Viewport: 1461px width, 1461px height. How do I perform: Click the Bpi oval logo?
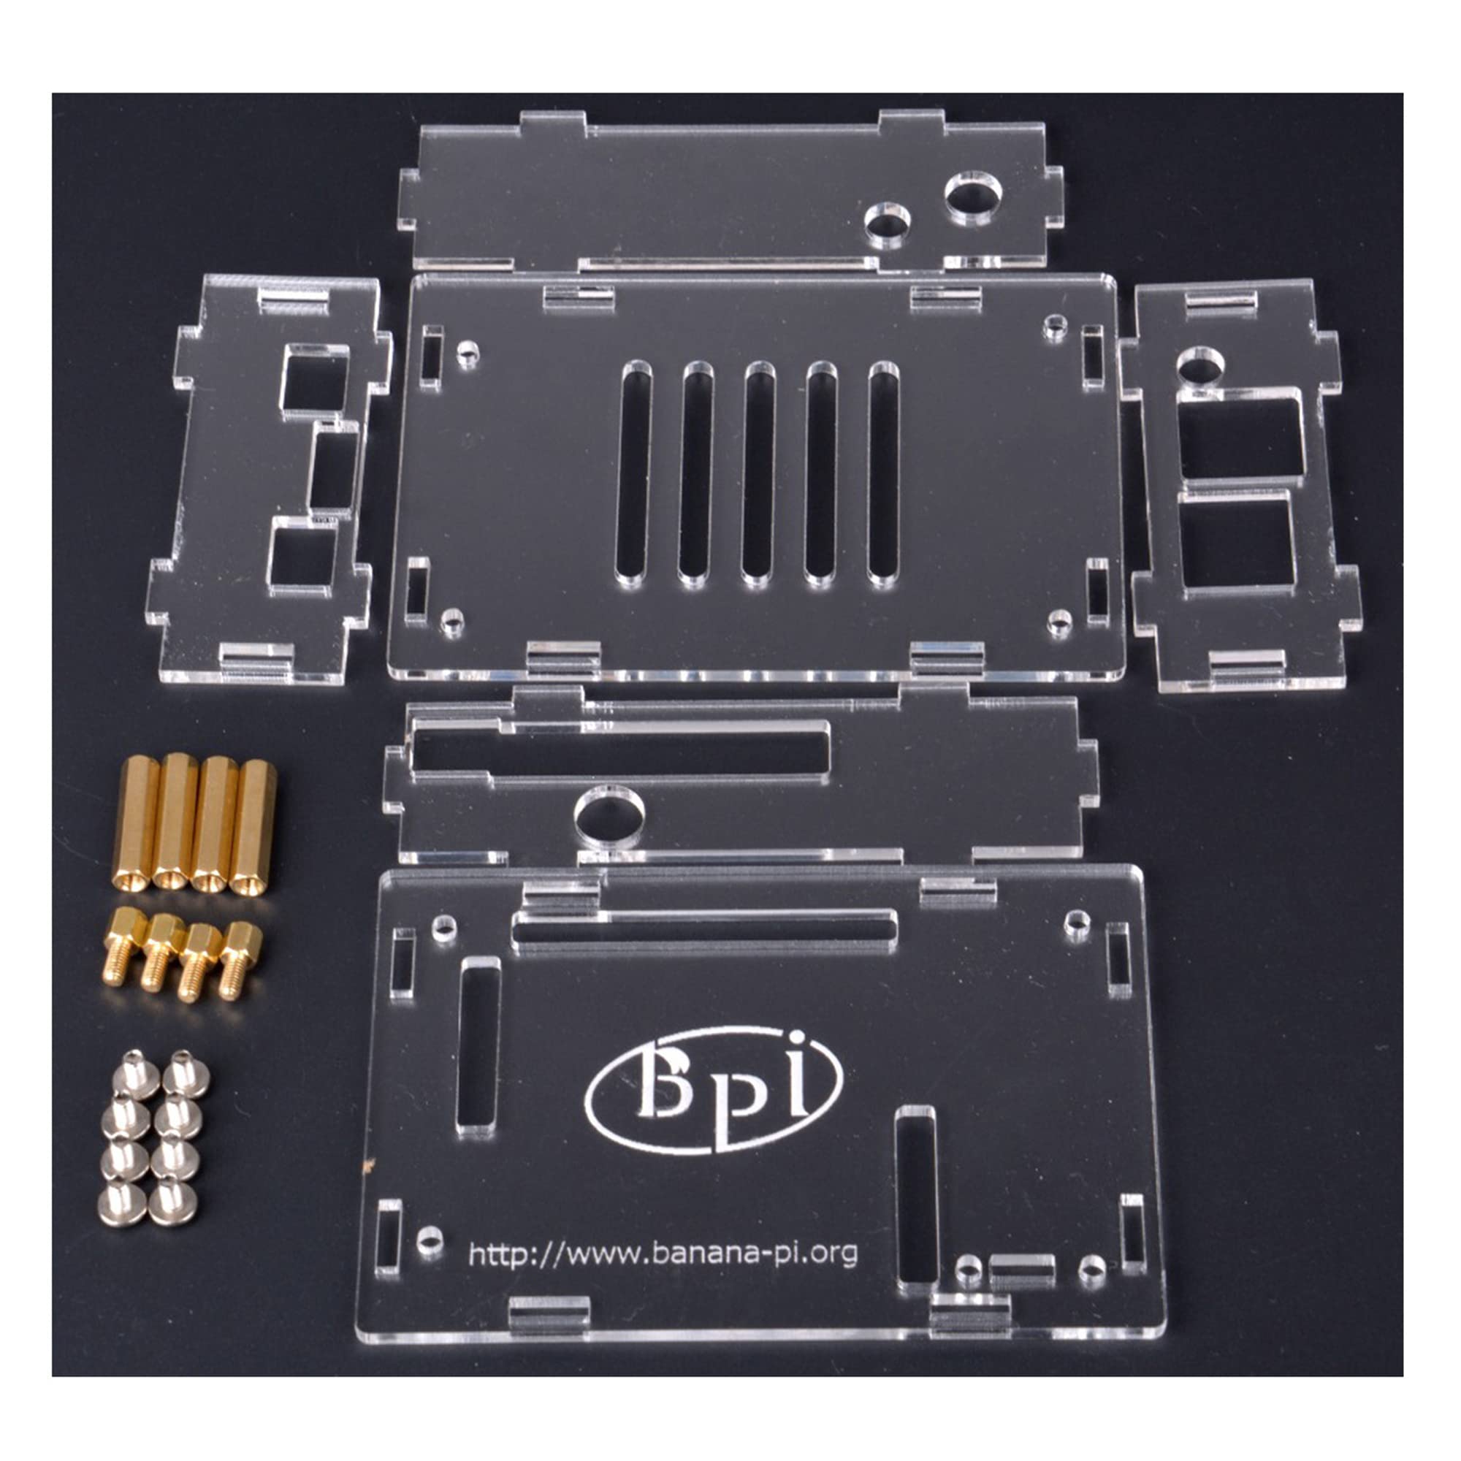point(714,1090)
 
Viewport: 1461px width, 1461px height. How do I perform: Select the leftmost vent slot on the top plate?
point(633,473)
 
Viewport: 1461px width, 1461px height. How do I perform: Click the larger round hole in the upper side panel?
point(972,197)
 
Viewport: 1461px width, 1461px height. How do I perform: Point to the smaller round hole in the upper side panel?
point(887,224)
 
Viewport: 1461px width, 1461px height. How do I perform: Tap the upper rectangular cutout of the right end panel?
point(1240,438)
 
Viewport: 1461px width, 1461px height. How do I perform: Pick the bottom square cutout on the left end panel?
point(302,557)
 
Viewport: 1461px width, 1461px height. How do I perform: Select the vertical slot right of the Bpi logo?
point(915,1196)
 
